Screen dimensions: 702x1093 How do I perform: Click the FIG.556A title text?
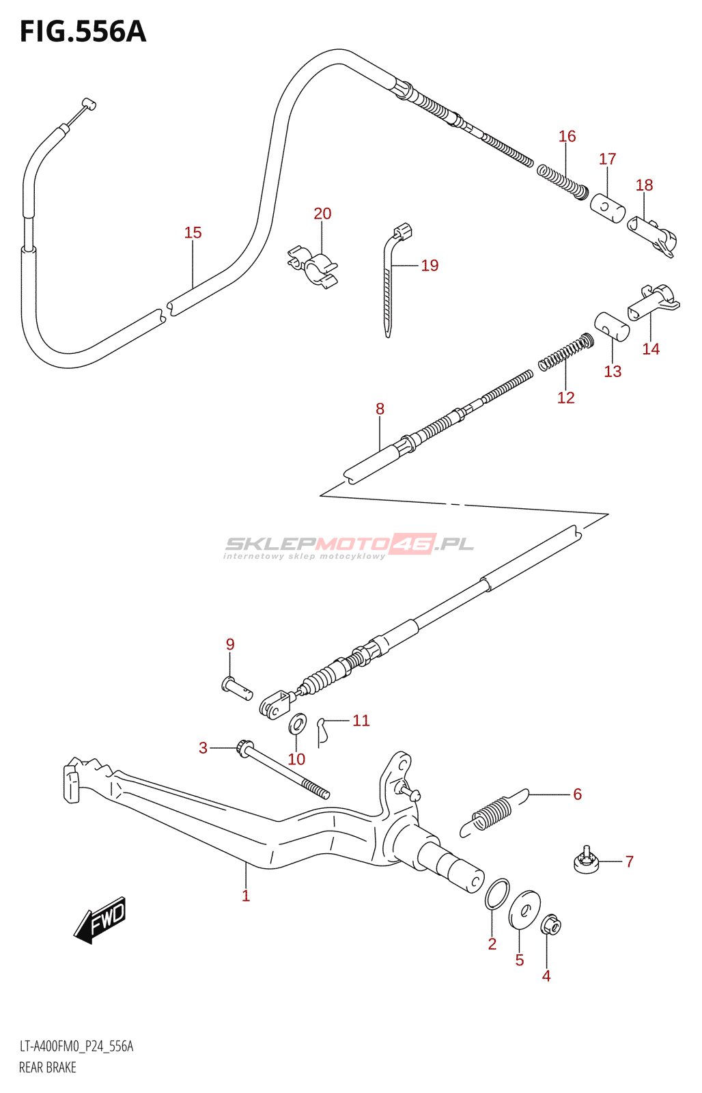coord(83,33)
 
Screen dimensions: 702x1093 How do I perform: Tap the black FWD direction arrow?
coord(100,919)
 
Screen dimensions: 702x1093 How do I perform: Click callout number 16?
coord(567,136)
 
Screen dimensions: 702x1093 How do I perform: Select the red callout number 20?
coord(322,213)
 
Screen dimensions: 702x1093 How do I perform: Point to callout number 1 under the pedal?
coord(246,896)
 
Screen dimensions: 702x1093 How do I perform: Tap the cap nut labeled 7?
coord(587,862)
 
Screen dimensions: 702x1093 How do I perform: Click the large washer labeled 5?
coord(524,911)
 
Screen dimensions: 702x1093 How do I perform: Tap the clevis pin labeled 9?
coord(236,687)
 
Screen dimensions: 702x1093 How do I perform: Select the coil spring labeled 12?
coord(566,351)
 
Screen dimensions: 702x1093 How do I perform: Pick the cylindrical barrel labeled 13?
coord(612,327)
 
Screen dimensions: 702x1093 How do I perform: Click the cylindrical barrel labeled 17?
coord(607,208)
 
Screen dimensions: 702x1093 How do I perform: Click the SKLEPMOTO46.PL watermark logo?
coord(349,546)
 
